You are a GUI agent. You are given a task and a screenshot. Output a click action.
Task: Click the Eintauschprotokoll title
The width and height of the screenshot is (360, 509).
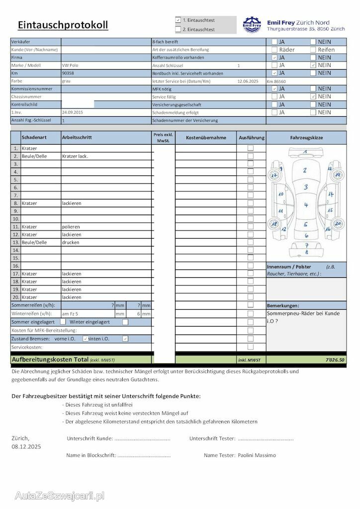coord(63,25)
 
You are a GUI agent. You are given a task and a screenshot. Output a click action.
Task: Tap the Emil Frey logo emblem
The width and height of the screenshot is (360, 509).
coord(252,24)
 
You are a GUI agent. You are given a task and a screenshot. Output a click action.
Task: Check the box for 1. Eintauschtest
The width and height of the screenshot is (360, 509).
coord(178,20)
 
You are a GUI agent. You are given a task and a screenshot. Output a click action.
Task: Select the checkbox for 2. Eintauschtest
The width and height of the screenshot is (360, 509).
coord(178,29)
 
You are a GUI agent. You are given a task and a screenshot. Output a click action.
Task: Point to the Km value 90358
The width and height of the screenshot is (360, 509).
coord(68,73)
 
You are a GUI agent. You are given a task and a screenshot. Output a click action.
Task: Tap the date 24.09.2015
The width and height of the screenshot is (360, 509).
coord(73,112)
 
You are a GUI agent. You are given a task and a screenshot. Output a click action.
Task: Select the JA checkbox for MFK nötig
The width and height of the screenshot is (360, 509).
coord(274,88)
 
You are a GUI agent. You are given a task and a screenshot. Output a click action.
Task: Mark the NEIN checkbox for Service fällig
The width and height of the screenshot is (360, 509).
coord(313,96)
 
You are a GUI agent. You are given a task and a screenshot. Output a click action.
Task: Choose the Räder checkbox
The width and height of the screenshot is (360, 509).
coord(274,50)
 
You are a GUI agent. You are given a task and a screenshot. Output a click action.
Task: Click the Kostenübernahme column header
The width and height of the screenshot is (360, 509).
coord(206,138)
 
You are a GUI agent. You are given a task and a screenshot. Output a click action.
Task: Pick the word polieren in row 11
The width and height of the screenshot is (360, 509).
coord(71,227)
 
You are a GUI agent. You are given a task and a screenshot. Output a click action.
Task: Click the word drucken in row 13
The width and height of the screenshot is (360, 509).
coord(71,242)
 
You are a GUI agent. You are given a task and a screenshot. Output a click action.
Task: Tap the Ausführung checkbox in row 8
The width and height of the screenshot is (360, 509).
coord(251,203)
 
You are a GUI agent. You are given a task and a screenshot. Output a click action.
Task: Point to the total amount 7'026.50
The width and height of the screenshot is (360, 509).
coord(334,360)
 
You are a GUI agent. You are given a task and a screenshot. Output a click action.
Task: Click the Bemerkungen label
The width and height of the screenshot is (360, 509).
coord(283,306)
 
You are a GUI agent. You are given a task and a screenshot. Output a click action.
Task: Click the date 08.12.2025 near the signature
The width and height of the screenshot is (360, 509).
coord(26,446)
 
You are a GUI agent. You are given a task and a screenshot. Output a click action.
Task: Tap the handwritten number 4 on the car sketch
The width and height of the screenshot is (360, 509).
coord(306,205)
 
